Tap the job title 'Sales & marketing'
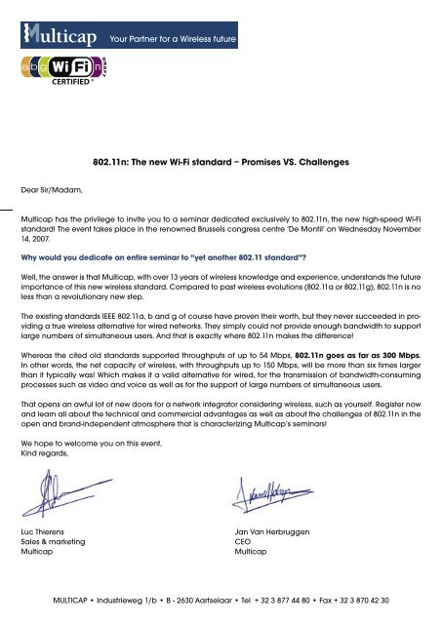coord(58,541)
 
